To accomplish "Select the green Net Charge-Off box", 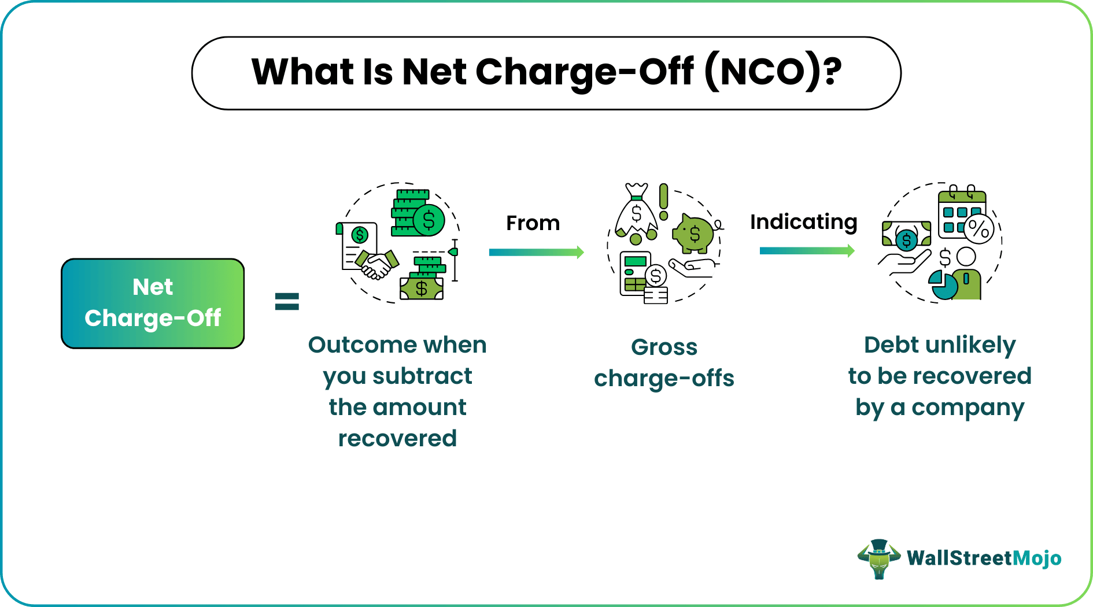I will coord(153,303).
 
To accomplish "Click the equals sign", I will coord(287,301).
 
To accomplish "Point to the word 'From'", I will coord(533,223).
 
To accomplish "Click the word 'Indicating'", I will coord(803,222).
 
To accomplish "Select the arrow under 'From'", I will coord(536,252).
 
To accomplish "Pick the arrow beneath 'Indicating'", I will coord(807,251).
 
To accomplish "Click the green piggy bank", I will coord(694,233).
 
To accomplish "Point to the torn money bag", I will coord(636,214).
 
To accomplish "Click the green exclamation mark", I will coord(663,202).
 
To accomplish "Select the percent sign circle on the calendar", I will coord(978,228).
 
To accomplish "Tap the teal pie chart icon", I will coord(942,286).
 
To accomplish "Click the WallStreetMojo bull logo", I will coord(878,558).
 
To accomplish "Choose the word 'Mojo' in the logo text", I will coord(1037,558).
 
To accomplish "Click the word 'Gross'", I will coord(664,347).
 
